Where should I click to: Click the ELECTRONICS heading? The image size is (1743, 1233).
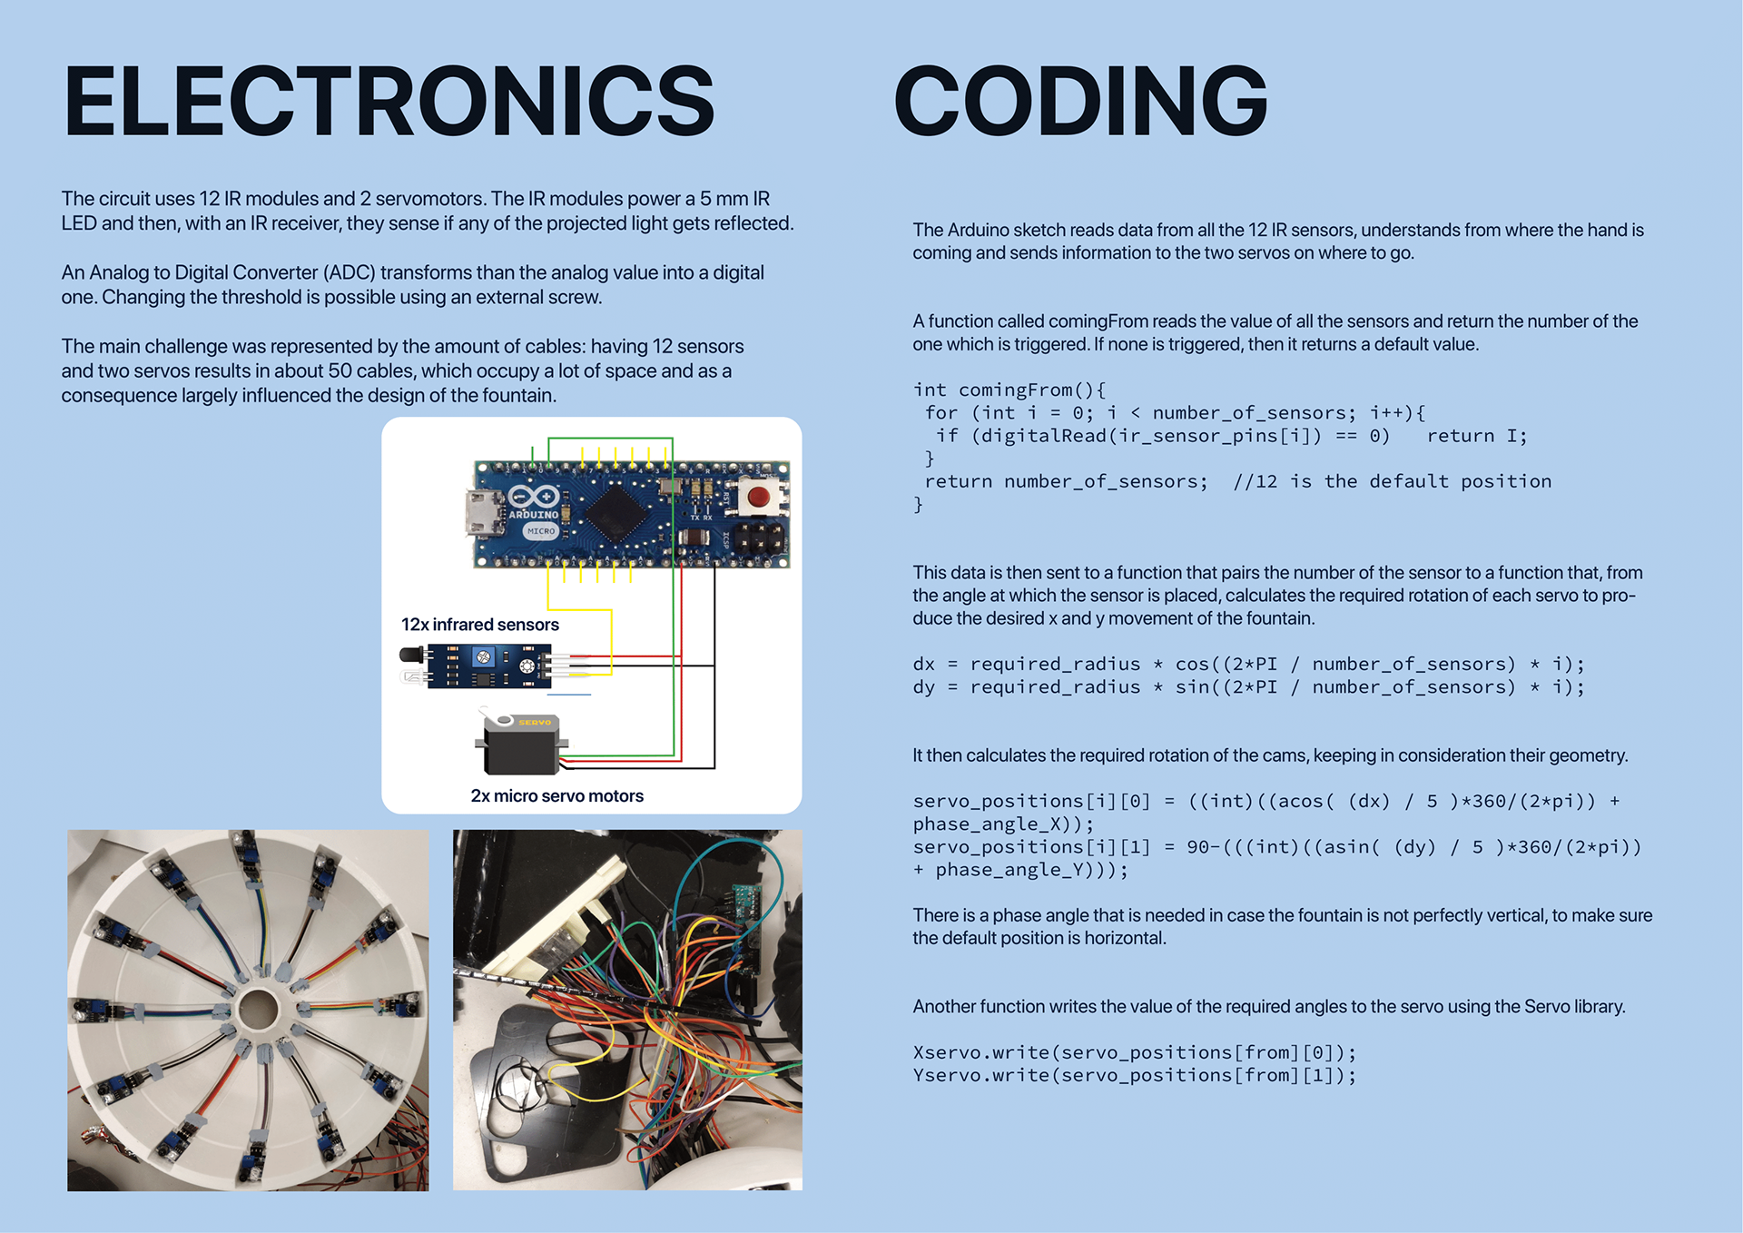click(389, 102)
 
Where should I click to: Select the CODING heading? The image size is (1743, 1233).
click(1080, 102)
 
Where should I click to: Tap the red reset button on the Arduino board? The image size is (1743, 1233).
click(757, 496)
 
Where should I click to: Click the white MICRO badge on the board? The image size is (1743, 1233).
click(541, 531)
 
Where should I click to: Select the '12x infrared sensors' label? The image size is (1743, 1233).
click(479, 625)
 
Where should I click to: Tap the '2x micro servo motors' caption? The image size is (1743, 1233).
click(556, 796)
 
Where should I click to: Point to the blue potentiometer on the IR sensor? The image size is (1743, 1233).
click(483, 656)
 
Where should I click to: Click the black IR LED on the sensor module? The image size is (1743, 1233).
click(411, 655)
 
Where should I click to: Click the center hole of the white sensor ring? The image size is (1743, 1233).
click(259, 1010)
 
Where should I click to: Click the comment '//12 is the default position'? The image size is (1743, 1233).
click(1392, 482)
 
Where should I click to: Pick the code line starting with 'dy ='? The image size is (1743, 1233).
click(1248, 687)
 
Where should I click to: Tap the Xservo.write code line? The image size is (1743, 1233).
click(1134, 1053)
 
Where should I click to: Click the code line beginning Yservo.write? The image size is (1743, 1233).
click(1134, 1076)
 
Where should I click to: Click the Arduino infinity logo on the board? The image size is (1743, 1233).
click(534, 497)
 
